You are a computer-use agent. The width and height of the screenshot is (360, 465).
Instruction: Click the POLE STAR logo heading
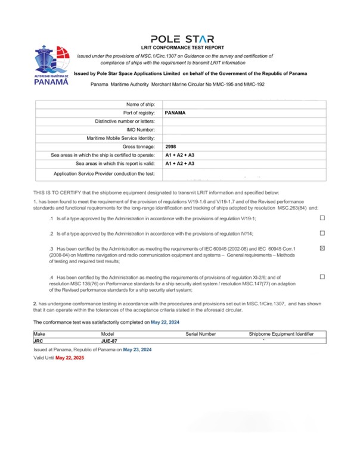pos(179,38)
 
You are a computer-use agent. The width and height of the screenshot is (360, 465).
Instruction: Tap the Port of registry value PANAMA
pos(175,112)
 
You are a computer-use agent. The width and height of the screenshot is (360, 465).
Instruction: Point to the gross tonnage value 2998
pos(171,146)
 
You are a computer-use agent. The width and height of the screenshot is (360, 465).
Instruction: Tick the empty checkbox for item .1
pos(322,218)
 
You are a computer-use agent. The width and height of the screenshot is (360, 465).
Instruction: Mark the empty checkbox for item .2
pos(322,233)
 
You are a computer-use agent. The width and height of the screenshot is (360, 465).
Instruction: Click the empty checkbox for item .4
pos(322,277)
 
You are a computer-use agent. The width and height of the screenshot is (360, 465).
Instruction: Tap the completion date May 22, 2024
pos(165,322)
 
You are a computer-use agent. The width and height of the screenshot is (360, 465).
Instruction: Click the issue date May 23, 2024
pos(137,349)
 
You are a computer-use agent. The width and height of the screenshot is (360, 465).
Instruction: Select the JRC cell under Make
pos(39,341)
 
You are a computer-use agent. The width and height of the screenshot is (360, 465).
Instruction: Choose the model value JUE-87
pos(109,341)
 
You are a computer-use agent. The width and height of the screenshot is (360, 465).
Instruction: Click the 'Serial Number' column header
pos(200,335)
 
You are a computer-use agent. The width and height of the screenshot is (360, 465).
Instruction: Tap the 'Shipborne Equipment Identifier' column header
pos(281,335)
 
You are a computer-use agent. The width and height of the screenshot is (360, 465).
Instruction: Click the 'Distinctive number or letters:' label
pos(125,121)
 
